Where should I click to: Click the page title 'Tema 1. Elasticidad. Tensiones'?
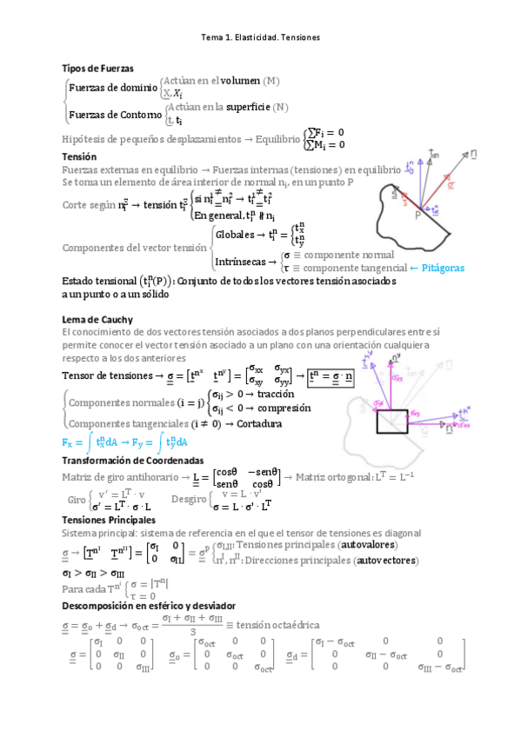(260, 38)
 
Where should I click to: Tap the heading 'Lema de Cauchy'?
(97, 320)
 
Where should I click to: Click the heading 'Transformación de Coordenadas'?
(133, 460)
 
